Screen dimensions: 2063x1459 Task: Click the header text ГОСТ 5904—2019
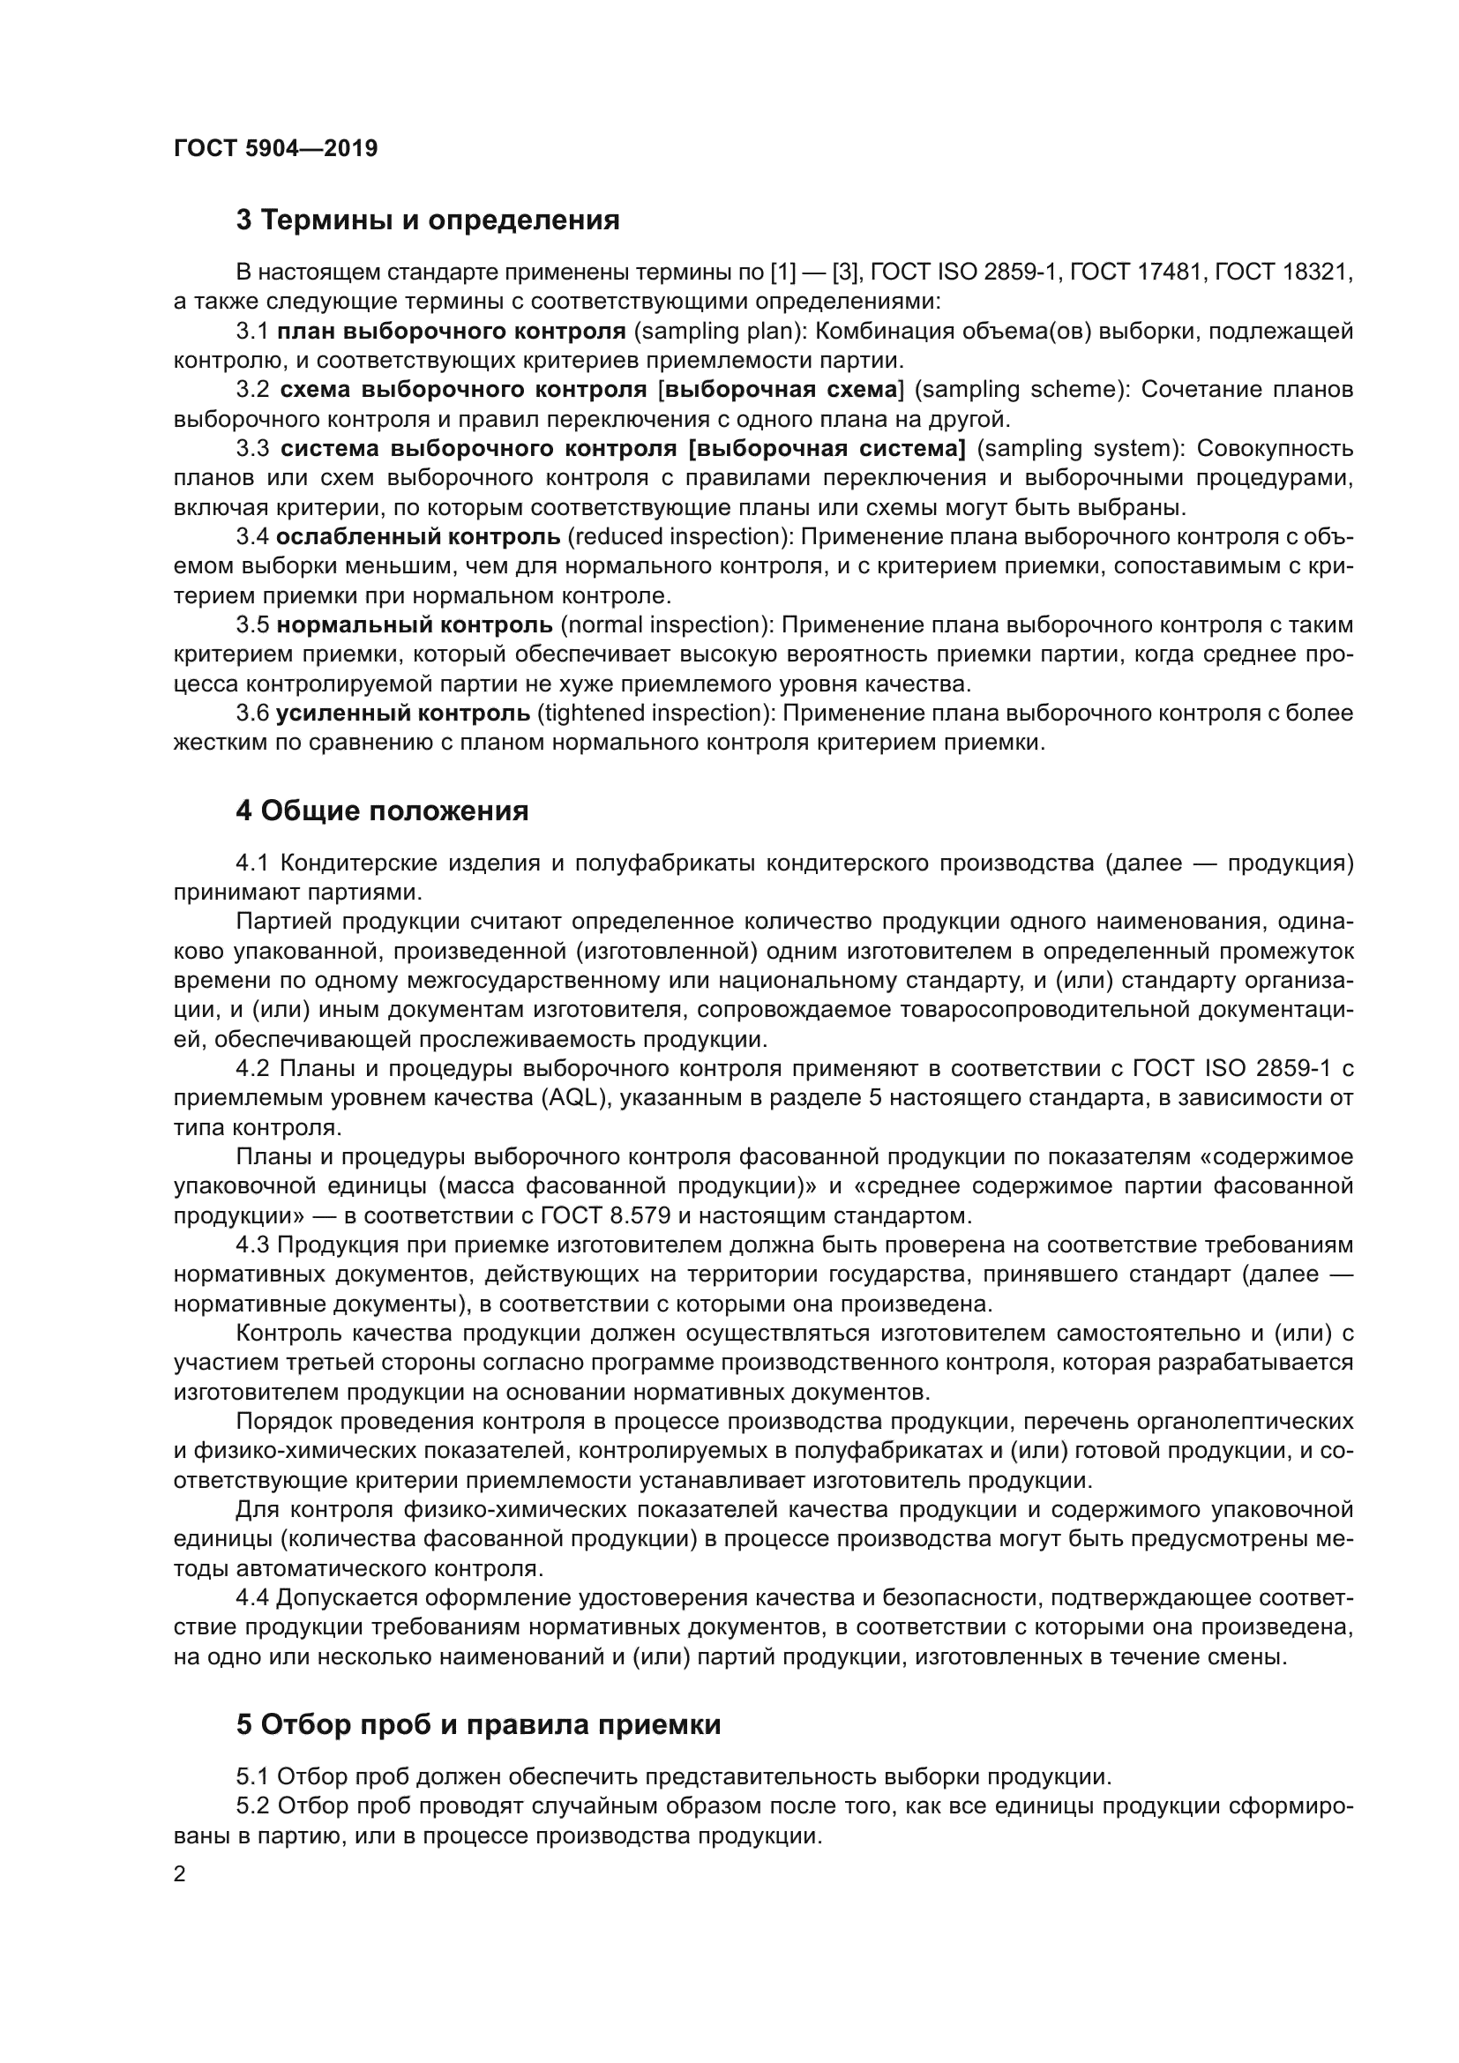276,148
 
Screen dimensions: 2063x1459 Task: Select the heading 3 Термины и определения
428,221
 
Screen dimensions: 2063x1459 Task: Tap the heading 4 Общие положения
382,811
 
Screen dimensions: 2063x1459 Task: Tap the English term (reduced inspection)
678,537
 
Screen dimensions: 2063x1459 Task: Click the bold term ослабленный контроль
418,537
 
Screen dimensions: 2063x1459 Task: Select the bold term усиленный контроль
403,714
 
